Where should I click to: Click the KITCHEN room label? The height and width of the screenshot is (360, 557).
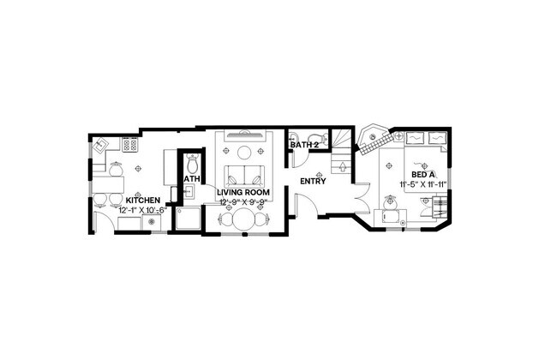point(141,201)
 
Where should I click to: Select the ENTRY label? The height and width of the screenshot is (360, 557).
point(312,182)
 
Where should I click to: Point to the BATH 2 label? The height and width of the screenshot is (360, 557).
point(303,145)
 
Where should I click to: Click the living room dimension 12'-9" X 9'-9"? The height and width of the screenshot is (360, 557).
point(245,202)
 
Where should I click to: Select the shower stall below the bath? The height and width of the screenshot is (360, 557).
point(187,219)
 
